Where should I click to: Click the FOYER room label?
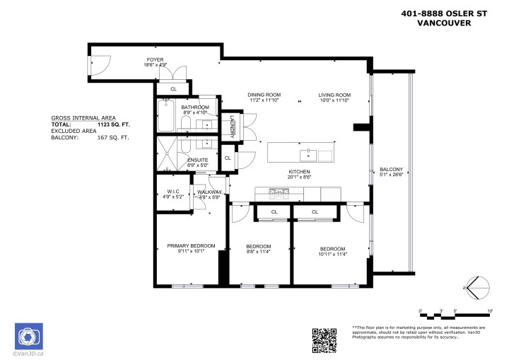(156, 59)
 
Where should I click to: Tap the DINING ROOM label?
(264, 95)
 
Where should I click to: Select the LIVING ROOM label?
(334, 95)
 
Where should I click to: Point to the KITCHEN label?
(299, 172)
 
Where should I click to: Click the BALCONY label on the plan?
(391, 170)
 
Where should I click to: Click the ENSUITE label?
(197, 160)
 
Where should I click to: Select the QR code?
(324, 339)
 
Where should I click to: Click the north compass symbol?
(476, 288)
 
